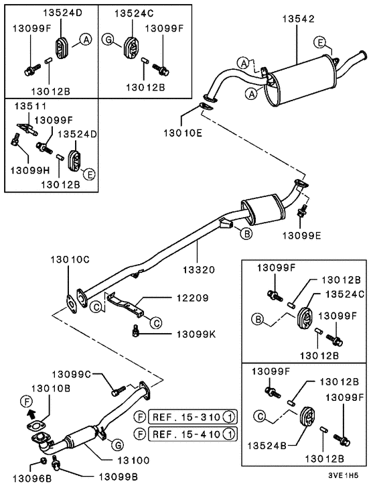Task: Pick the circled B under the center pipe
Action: pos(246,233)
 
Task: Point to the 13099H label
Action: pos(25,168)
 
